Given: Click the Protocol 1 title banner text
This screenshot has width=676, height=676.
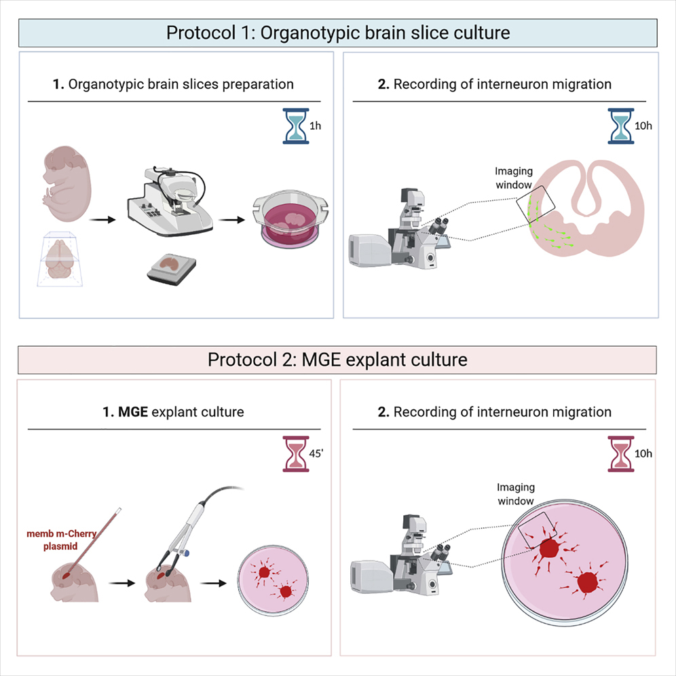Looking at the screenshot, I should pos(338,32).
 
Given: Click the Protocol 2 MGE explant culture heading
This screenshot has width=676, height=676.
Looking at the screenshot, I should pos(338,359).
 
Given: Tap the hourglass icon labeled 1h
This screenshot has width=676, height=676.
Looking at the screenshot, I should pos(295,126).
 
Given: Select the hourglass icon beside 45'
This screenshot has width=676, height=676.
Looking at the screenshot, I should pos(295,453).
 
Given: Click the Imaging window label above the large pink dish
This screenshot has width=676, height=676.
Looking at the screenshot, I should pos(516,494).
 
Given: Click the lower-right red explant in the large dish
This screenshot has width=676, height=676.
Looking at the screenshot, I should pos(587,582).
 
